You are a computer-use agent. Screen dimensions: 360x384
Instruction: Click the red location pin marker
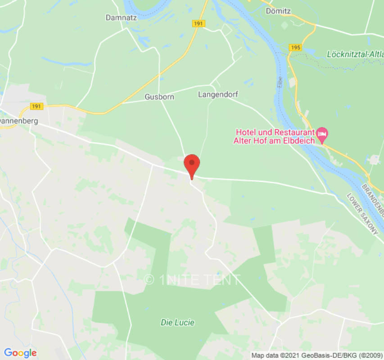point(192,165)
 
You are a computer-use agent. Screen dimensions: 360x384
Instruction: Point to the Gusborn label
point(159,97)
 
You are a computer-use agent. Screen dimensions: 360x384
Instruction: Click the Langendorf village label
point(218,94)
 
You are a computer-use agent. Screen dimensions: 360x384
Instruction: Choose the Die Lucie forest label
point(177,322)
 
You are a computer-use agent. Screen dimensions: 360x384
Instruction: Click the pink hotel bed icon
point(322,133)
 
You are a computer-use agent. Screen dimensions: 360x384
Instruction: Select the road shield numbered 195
point(296,48)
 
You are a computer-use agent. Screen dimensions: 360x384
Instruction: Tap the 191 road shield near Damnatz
point(198,23)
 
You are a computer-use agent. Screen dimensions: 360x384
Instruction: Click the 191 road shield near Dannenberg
point(37,106)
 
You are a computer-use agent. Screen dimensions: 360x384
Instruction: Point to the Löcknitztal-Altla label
point(355,54)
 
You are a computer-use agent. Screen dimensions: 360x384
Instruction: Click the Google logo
point(20,353)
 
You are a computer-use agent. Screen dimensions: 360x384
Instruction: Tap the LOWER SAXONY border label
point(362,214)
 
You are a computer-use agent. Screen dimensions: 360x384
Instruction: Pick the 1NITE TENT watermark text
point(192,280)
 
